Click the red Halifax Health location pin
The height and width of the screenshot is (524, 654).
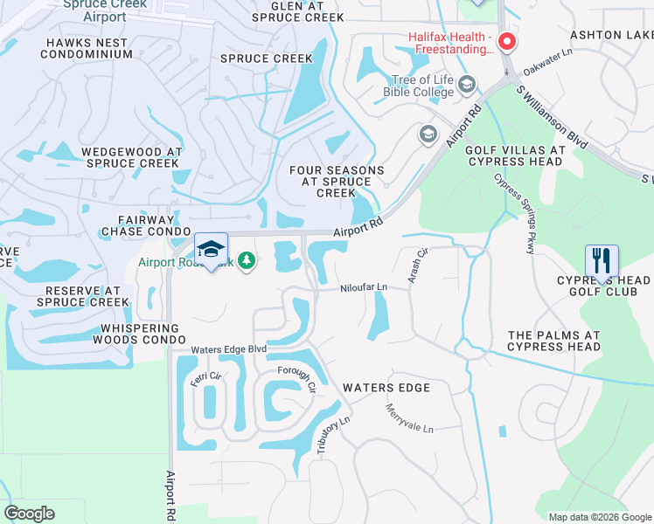[506, 43]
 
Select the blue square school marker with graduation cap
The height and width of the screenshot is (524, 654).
[211, 251]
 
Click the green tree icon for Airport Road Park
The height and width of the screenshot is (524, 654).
[247, 260]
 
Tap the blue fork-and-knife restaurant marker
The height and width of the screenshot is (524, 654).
[602, 261]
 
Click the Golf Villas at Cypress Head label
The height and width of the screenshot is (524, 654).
[515, 155]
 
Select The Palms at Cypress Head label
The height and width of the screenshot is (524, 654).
[553, 341]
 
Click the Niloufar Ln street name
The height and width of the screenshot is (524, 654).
[364, 286]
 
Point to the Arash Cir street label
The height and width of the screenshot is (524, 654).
[419, 264]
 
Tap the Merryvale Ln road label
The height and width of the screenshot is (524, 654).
[409, 417]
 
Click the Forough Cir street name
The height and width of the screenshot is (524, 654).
[296, 381]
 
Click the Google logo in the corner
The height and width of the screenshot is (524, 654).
[29, 514]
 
